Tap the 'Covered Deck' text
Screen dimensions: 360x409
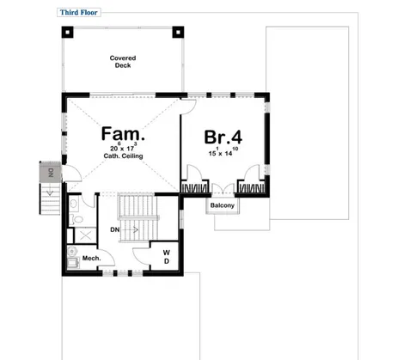point(123,62)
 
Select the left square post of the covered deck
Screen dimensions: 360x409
point(67,33)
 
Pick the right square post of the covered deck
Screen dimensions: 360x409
point(179,33)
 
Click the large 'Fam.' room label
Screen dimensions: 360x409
point(123,134)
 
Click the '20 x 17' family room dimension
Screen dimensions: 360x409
point(123,147)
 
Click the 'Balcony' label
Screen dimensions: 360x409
point(223,206)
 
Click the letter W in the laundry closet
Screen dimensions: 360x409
point(167,252)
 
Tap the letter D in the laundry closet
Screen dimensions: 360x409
point(167,261)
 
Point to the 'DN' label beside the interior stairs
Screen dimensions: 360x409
point(114,230)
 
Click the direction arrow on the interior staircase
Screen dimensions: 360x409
point(134,230)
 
